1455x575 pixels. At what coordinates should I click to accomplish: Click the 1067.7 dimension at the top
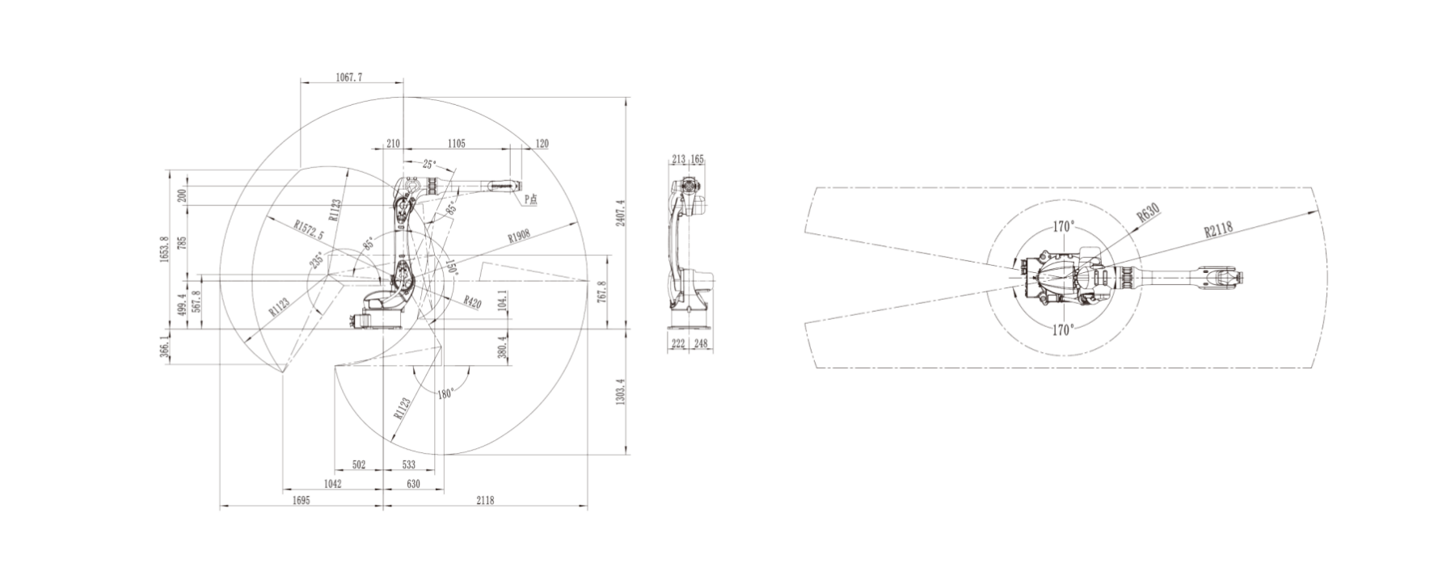tap(349, 78)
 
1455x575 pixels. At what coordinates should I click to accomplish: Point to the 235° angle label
tap(316, 260)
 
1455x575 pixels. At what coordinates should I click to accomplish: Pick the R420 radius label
tap(472, 303)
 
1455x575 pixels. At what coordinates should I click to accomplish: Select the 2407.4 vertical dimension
tap(620, 214)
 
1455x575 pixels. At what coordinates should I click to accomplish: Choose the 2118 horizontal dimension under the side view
tap(484, 501)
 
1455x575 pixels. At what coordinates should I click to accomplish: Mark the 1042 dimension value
tap(332, 484)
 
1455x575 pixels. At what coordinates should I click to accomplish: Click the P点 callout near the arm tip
tap(530, 198)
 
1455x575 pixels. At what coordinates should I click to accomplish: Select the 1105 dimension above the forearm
tap(456, 144)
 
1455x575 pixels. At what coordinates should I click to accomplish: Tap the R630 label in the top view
tap(1148, 212)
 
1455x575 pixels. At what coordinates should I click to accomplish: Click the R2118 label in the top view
tap(1217, 229)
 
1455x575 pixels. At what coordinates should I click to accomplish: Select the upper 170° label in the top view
tap(1063, 226)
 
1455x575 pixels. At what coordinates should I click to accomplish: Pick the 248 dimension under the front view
tap(700, 344)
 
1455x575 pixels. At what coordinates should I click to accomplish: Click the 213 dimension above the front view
tap(678, 160)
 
